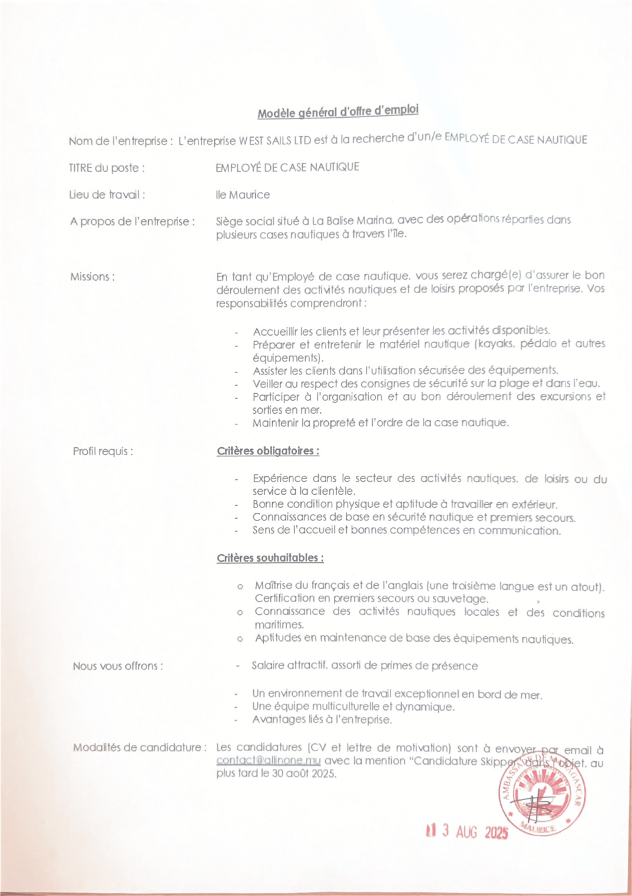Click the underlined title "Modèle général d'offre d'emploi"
[x=338, y=111]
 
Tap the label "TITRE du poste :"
[x=107, y=168]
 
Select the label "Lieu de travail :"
[x=107, y=195]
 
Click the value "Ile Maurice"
[x=243, y=195]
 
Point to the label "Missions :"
[x=92, y=277]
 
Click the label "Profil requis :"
[x=102, y=452]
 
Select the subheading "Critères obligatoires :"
[x=268, y=452]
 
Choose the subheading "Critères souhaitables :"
[x=270, y=558]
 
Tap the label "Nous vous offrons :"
[x=118, y=666]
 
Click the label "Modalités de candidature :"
[x=140, y=748]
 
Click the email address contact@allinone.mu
[x=268, y=761]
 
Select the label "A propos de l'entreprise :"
[x=132, y=222]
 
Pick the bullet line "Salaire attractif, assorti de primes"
[x=365, y=666]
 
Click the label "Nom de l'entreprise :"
[x=120, y=141]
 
